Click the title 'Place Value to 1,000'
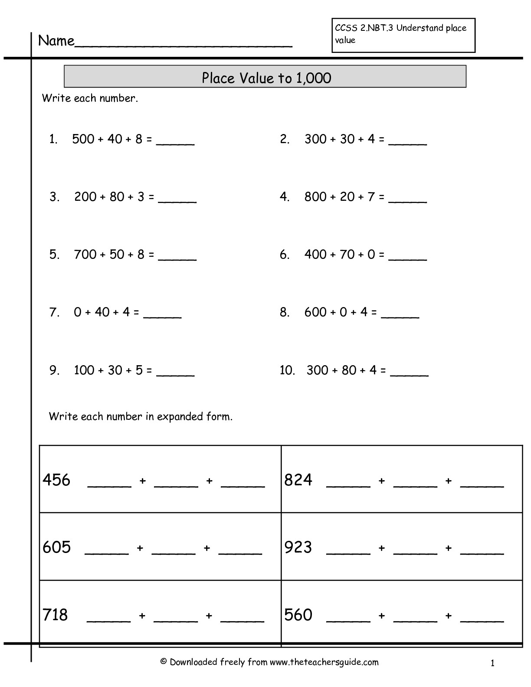[266, 78]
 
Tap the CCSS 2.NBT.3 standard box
[403, 35]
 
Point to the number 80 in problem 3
[117, 197]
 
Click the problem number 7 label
[54, 312]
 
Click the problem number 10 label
[287, 370]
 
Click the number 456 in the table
[56, 480]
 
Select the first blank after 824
[348, 485]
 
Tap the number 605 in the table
[56, 547]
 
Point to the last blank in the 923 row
[482, 552]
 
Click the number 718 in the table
[56, 615]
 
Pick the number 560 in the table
[298, 615]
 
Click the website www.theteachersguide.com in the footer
[324, 662]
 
